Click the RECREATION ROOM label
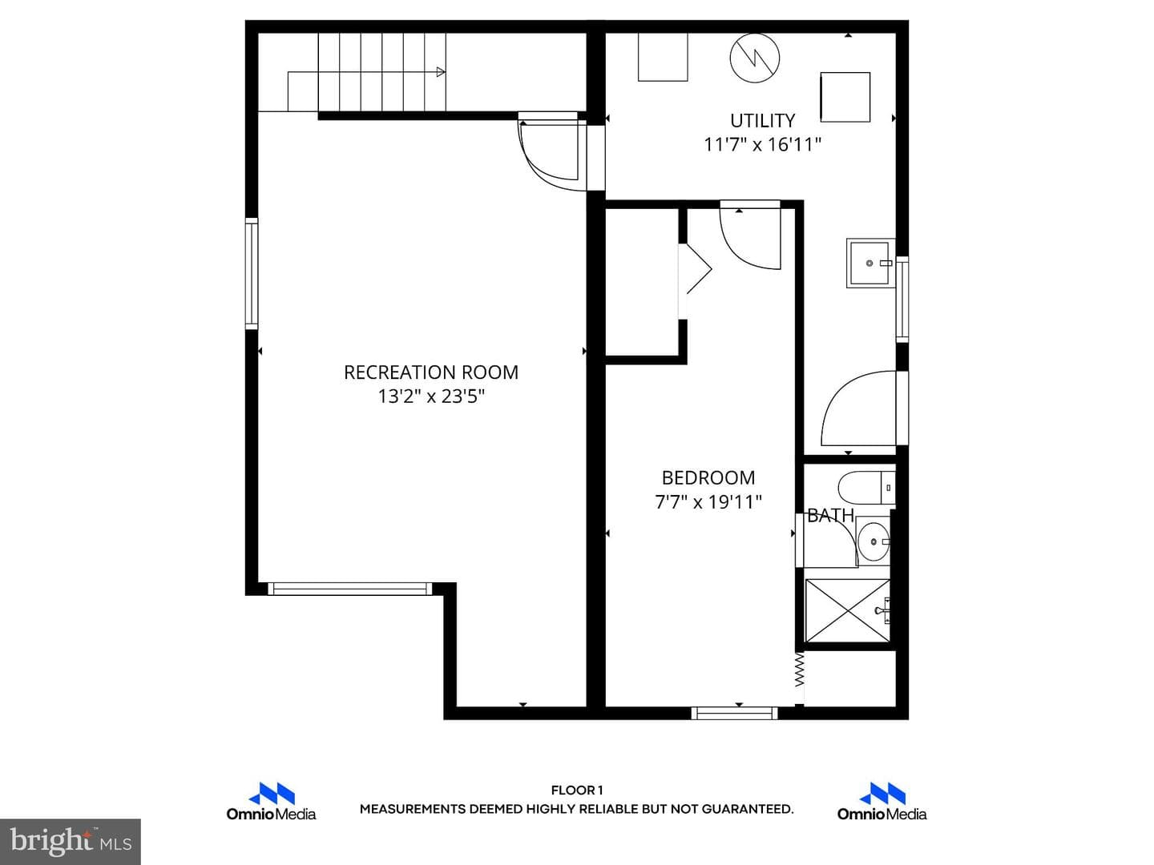click(x=430, y=372)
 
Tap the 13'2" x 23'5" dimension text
click(x=430, y=396)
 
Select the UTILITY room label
click(x=762, y=121)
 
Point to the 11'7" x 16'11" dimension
click(x=762, y=144)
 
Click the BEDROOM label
click(x=708, y=478)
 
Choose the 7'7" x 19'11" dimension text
click(x=708, y=502)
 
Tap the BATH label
click(x=830, y=516)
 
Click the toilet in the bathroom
click(x=866, y=488)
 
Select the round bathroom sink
click(x=874, y=541)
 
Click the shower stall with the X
click(x=848, y=610)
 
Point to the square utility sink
click(x=870, y=263)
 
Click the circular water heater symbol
click(x=754, y=58)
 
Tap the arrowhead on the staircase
click(x=441, y=72)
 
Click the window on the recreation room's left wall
click(x=252, y=274)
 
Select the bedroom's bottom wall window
click(x=734, y=713)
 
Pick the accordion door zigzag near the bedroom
click(x=799, y=669)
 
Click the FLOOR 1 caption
click(x=577, y=791)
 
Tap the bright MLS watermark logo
click(x=71, y=841)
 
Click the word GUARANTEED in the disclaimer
click(x=747, y=809)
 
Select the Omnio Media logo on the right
click(x=882, y=802)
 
